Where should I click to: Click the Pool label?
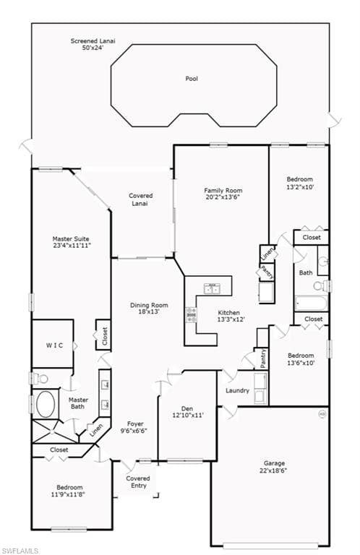[192, 79]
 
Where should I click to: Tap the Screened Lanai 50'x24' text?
[93, 44]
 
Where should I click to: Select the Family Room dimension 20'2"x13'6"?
[223, 197]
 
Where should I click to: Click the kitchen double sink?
[213, 288]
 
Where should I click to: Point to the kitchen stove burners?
[191, 314]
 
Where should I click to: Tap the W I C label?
[54, 345]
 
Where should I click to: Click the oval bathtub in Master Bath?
[46, 404]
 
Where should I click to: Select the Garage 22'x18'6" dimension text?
[274, 470]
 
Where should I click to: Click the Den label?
[187, 408]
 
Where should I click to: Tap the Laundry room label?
[237, 391]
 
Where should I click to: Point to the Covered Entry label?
[138, 482]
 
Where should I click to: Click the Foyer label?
[135, 423]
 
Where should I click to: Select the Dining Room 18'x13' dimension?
[149, 312]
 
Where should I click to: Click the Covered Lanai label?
[140, 199]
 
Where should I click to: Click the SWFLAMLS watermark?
[19, 551]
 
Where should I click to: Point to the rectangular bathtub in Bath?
[312, 304]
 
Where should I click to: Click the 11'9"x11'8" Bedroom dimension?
[68, 494]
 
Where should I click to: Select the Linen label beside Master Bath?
[96, 430]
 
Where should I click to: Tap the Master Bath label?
[78, 403]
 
